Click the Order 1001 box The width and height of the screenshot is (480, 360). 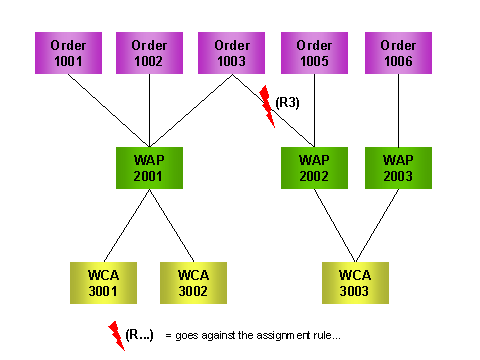[67, 52]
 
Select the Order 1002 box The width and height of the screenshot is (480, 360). [149, 52]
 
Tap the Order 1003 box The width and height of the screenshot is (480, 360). [232, 52]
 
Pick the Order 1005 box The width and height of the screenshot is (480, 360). [315, 52]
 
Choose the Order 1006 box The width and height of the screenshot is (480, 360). [397, 52]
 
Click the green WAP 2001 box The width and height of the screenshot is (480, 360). [149, 168]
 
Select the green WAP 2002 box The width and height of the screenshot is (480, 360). [315, 168]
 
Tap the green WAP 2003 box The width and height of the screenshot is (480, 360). [397, 168]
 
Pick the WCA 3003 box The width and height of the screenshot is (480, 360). [356, 283]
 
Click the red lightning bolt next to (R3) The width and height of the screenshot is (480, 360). [267, 105]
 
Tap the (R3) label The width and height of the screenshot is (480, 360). [290, 102]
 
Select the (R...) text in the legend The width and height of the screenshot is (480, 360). [139, 333]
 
